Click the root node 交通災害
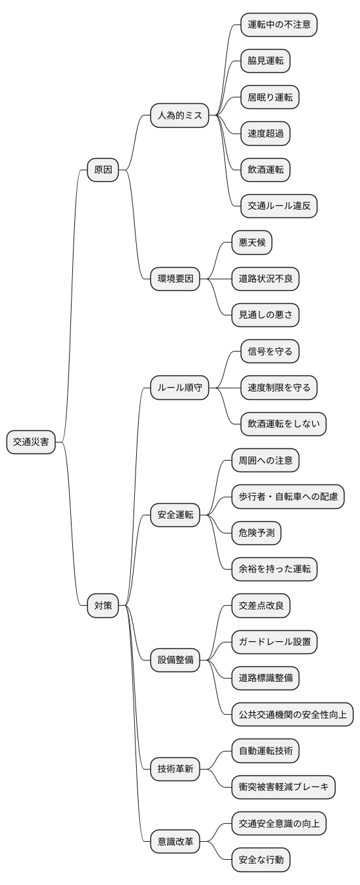coord(31,442)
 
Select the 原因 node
coord(103,170)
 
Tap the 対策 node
coord(103,605)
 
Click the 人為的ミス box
coord(179,116)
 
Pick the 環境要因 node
coord(175,279)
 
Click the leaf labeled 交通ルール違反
coord(279,206)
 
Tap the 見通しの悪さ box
coord(265,315)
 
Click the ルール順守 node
coord(179,388)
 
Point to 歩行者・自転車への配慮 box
coord(288,496)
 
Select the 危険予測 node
coord(256,532)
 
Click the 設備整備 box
coord(175,659)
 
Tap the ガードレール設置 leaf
coord(274,641)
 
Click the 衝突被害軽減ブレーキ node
coord(283,786)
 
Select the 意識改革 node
coord(175,841)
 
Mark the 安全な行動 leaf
coord(261,859)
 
